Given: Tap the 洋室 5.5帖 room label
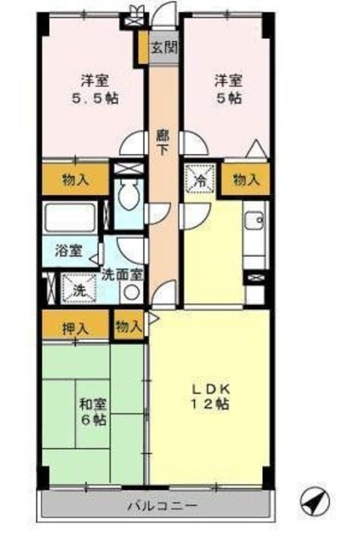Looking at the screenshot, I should [x=92, y=90].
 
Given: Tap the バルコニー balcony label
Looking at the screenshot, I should [x=162, y=506].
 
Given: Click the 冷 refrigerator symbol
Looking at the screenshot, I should [x=201, y=178].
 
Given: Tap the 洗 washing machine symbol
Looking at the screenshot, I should [x=75, y=290].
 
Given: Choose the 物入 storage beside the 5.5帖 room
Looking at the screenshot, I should [x=75, y=178].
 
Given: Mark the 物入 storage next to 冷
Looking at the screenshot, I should [x=245, y=178].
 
